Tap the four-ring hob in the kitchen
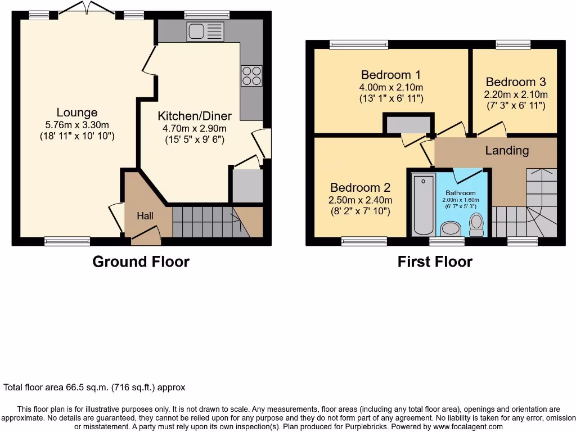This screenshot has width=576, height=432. [251, 75]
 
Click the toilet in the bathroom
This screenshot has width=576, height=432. [477, 225]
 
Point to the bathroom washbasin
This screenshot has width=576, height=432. [451, 229]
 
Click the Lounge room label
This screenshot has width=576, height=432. [77, 112]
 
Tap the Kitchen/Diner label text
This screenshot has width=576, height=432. [194, 116]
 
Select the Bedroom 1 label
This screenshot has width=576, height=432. [390, 75]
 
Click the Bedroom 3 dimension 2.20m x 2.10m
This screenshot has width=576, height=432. [516, 94]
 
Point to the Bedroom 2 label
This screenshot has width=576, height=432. [360, 187]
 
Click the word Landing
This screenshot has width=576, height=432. [507, 150]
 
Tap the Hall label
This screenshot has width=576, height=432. [145, 215]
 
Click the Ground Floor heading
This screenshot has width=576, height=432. [141, 262]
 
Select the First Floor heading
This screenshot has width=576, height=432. [435, 262]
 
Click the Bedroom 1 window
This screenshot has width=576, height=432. [358, 44]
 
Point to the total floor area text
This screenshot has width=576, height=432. [94, 388]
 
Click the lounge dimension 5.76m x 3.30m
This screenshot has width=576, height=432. [77, 124]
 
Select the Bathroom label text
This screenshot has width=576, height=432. [461, 193]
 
